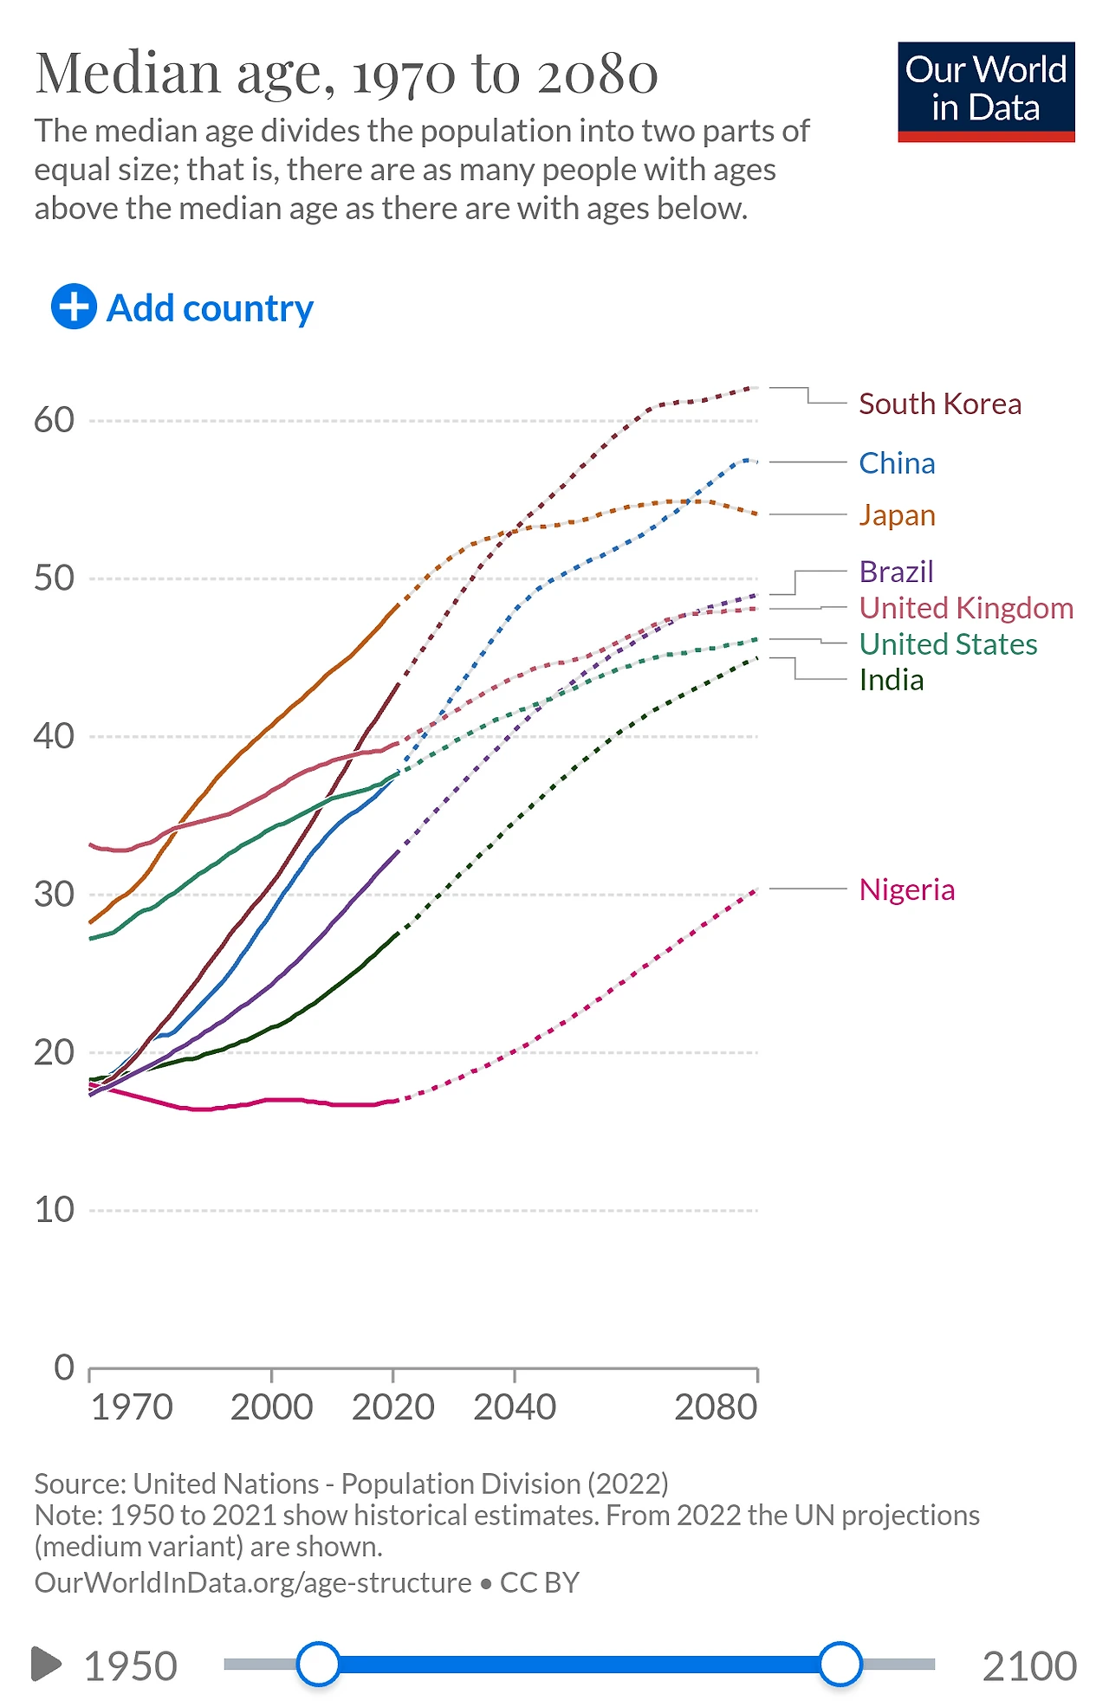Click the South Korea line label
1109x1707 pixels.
click(x=939, y=404)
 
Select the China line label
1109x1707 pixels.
click(x=897, y=463)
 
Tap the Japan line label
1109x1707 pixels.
click(x=897, y=515)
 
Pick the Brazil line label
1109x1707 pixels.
click(x=896, y=572)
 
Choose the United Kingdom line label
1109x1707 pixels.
click(x=965, y=608)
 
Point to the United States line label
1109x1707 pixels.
click(x=948, y=644)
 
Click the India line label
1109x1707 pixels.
click(x=891, y=681)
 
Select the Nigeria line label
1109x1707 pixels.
click(x=906, y=889)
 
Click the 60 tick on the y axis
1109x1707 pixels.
click(x=54, y=421)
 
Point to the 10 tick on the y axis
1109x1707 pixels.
click(x=54, y=1210)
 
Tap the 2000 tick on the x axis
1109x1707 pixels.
click(x=271, y=1407)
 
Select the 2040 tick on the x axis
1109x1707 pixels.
click(x=515, y=1407)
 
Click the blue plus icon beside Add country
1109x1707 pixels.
click(x=74, y=307)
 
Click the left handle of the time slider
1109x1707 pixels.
click(x=318, y=1664)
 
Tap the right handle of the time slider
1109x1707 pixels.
click(x=840, y=1664)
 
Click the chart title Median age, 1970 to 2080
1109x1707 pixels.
click(x=347, y=74)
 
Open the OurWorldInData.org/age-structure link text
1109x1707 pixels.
click(x=253, y=1582)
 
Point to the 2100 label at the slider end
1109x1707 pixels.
click(x=1028, y=1666)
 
